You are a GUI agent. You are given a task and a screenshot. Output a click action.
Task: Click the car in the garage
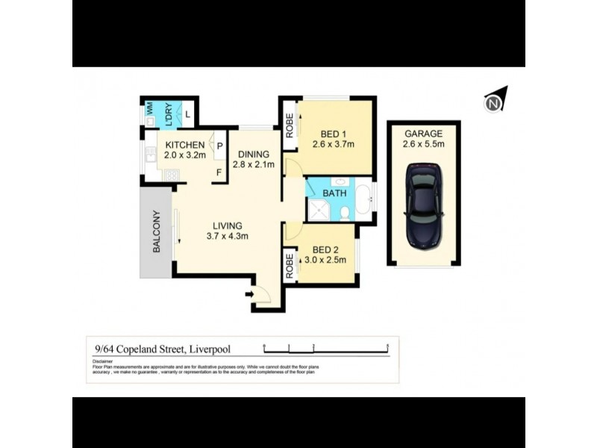tap(424, 206)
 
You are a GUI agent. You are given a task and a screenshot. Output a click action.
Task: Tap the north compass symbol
tap(495, 102)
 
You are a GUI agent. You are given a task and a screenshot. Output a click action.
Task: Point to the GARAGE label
tap(423, 134)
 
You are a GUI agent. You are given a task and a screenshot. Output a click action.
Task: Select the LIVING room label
tap(228, 225)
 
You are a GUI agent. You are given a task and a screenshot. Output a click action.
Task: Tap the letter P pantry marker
tap(219, 146)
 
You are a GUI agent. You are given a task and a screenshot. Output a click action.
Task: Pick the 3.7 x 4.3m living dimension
tap(228, 236)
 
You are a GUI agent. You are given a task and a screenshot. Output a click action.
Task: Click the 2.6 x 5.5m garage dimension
tap(423, 144)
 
